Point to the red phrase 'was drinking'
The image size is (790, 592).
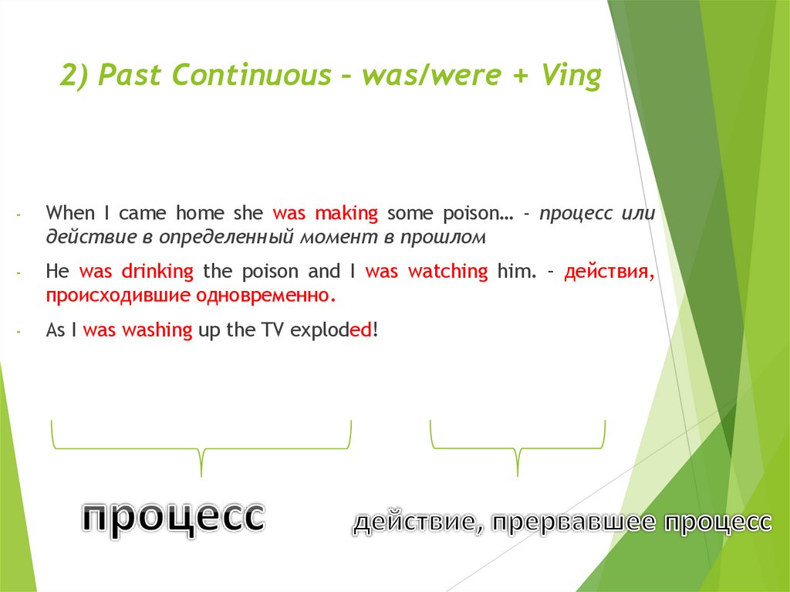coord(137,271)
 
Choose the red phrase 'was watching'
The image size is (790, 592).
coord(427,271)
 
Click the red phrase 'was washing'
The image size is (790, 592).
coord(137,330)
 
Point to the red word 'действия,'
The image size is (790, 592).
coord(609,271)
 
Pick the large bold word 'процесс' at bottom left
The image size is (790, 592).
coord(173,516)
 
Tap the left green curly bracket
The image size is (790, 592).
coord(201,448)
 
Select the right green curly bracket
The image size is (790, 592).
coord(517,448)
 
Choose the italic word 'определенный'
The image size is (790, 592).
coord(214,237)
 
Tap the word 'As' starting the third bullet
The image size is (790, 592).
coord(55,330)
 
